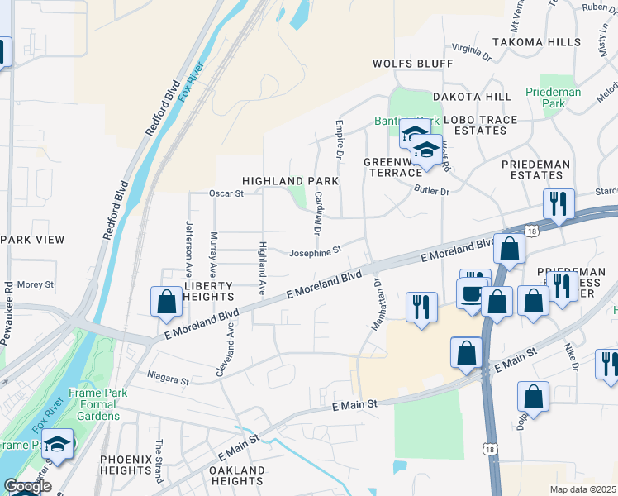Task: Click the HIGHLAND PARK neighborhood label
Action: (290, 180)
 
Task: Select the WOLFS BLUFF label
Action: (412, 64)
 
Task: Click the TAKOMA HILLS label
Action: (536, 41)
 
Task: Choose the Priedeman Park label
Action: (554, 98)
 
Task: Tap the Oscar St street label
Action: (226, 193)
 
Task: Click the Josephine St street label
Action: (315, 252)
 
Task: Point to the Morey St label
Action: (35, 284)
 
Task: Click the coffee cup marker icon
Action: (472, 294)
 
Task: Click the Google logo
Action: (27, 487)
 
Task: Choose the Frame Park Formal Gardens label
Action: (97, 404)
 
